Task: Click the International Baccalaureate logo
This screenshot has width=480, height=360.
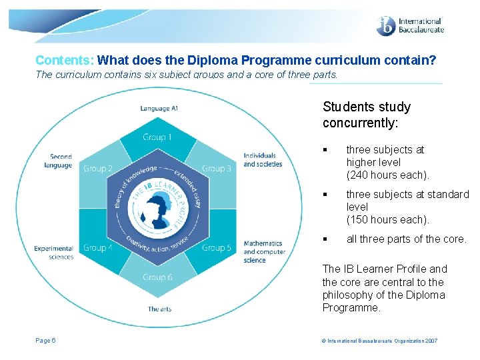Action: point(409,26)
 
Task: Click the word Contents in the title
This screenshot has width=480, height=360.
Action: point(65,61)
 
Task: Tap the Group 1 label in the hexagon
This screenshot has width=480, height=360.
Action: point(157,137)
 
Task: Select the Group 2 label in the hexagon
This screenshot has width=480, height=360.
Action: point(98,169)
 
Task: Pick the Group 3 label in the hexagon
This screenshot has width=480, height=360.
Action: point(217,169)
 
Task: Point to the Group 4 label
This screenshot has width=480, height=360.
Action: point(98,247)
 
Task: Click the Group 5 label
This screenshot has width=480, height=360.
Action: point(217,247)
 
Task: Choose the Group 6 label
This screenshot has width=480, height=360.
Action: point(157,277)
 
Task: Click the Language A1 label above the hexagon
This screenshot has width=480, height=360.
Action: point(159,108)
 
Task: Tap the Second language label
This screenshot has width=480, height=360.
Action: point(59,161)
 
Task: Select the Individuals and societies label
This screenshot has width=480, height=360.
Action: point(263,160)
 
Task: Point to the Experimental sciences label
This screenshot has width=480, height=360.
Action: point(54,253)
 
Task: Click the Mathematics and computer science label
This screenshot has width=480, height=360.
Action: point(264,251)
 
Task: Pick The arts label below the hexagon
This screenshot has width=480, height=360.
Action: point(159,309)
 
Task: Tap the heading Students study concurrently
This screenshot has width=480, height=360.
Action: point(366,115)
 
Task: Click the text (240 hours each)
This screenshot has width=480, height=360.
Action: point(387,175)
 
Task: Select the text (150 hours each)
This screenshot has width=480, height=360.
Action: point(387,219)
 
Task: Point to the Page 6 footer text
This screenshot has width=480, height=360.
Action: point(45,341)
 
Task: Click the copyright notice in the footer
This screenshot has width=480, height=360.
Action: point(380,341)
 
